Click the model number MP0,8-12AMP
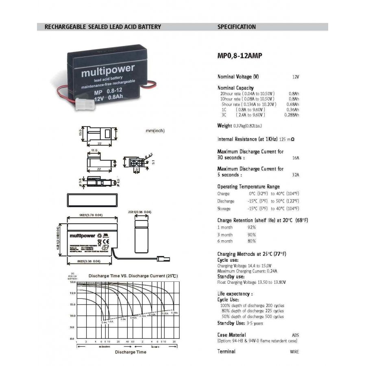(x=237, y=56)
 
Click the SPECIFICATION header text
(x=237, y=27)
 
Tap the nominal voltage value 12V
(x=296, y=77)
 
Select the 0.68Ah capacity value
(x=293, y=104)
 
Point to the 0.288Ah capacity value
(x=292, y=115)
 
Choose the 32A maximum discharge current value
(x=296, y=175)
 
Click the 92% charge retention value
(x=252, y=227)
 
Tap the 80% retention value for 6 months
(x=252, y=241)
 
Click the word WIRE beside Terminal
(x=294, y=352)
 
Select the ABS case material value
(x=295, y=335)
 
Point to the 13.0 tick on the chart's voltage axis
(x=73, y=282)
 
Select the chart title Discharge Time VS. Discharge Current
(x=133, y=276)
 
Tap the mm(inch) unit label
(x=155, y=131)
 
